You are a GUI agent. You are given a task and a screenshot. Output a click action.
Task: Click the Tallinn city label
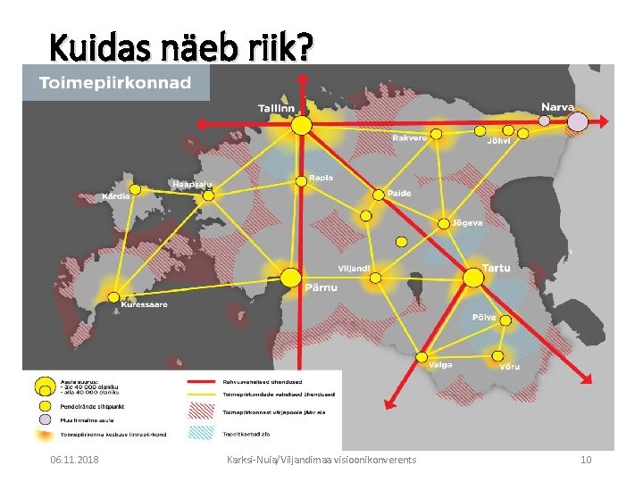(276, 108)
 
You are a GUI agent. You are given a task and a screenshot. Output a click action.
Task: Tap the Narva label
(557, 106)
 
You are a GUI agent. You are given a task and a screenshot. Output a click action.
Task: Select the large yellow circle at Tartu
(473, 278)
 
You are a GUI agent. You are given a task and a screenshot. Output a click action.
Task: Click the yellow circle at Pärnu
(289, 278)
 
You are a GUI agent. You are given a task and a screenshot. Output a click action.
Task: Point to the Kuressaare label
(144, 304)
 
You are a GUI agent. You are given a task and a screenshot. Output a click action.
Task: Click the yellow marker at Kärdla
(136, 189)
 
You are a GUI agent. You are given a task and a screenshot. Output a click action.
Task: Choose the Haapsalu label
(191, 184)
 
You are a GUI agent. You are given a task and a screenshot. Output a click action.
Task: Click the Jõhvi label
(499, 140)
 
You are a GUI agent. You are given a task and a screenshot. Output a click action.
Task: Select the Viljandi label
(354, 268)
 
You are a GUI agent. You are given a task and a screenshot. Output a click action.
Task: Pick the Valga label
(439, 364)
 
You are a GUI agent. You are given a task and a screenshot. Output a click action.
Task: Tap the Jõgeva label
(467, 221)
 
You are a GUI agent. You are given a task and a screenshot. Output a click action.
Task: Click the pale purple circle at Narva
(578, 120)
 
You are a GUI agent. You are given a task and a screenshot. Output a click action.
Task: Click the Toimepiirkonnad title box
(115, 83)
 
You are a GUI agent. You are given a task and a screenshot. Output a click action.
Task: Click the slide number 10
(586, 460)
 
